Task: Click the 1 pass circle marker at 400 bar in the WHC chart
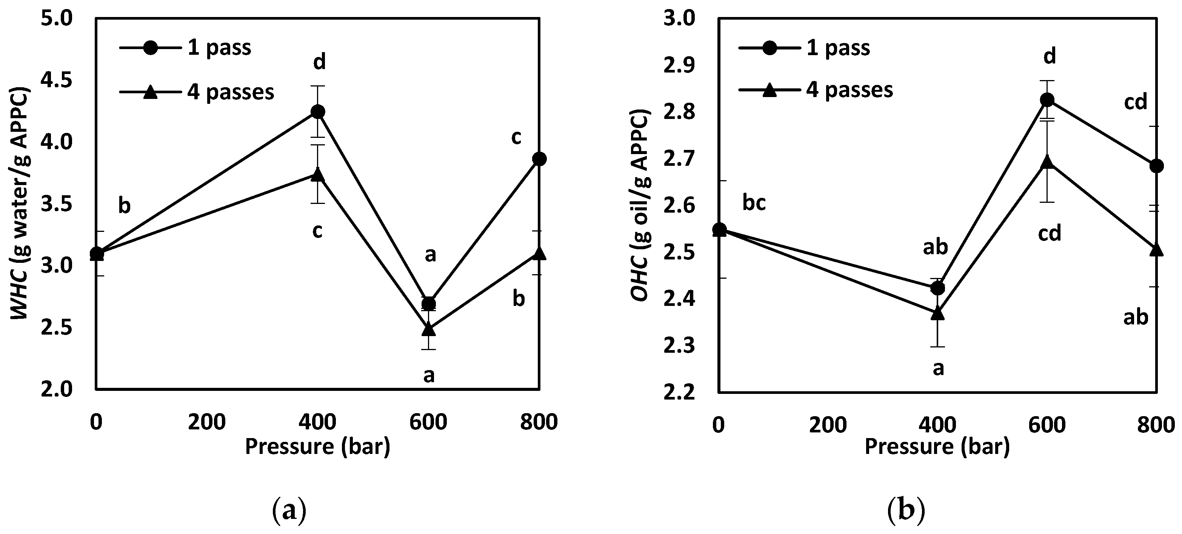click(317, 111)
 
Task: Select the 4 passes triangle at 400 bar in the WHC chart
click(317, 174)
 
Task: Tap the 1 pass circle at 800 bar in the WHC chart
click(539, 159)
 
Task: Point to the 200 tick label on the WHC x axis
click(206, 421)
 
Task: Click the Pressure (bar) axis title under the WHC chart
click(317, 446)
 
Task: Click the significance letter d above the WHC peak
click(319, 62)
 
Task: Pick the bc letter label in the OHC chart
click(754, 202)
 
